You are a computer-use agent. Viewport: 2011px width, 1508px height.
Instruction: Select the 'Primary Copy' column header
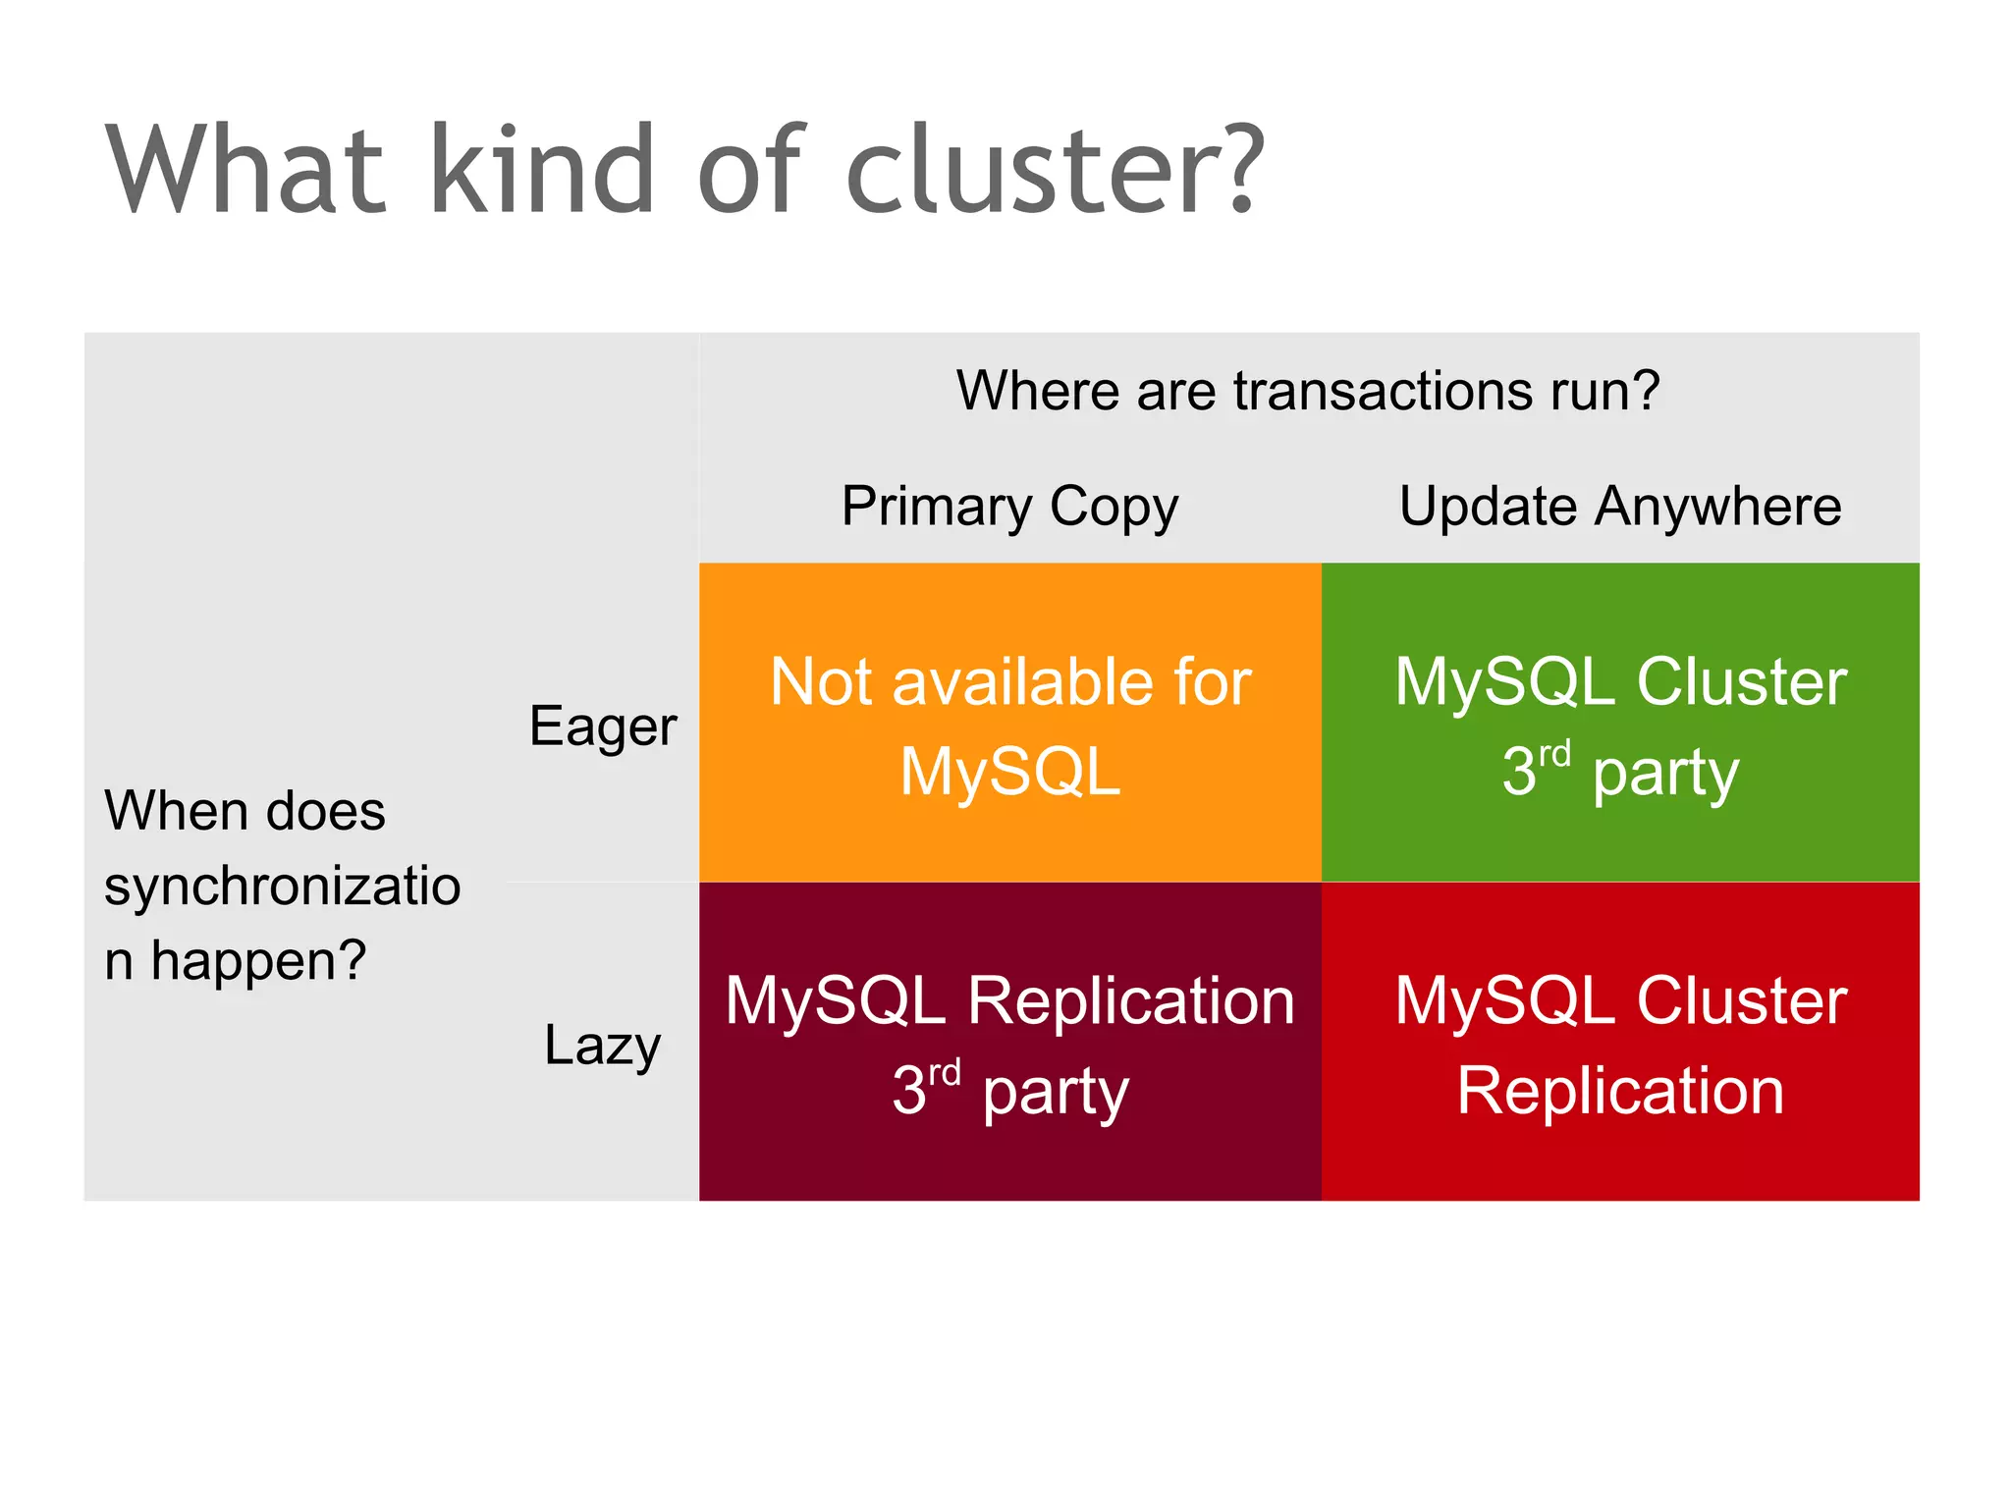coord(1009,507)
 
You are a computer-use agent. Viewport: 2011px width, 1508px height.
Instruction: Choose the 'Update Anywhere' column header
coord(1620,507)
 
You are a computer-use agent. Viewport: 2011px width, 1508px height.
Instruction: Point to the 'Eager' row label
coord(602,727)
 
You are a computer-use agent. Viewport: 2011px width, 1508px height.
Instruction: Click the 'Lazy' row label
coord(602,1045)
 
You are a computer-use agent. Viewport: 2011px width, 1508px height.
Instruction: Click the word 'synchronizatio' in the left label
coord(283,887)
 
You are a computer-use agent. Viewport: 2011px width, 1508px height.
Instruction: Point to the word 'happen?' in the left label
coord(257,961)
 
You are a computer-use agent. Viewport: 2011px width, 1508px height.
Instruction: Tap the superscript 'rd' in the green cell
coord(1553,755)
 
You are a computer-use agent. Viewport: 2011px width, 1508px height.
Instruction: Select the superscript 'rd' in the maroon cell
coord(944,1073)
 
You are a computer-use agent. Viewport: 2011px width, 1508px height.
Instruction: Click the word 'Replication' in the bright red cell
coord(1620,1091)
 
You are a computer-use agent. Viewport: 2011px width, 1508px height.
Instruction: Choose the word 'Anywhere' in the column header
coord(1718,507)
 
